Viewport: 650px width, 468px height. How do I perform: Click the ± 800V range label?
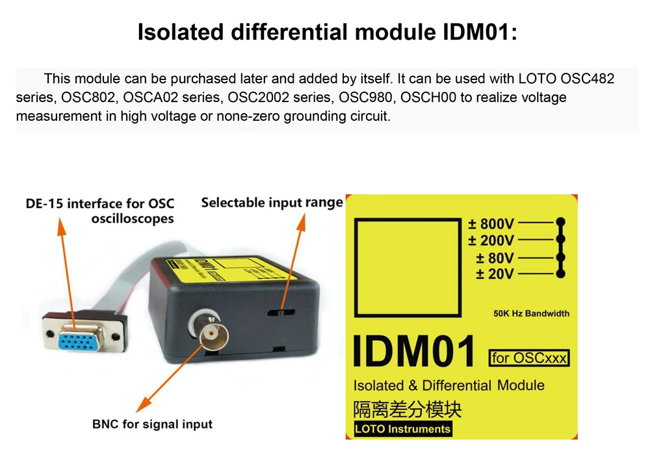[491, 224]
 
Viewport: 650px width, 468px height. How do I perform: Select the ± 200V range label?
[491, 241]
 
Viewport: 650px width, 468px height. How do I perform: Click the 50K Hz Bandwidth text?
[531, 313]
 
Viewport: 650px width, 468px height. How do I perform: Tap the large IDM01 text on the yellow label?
[414, 352]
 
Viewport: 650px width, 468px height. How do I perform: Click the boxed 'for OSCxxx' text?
[530, 357]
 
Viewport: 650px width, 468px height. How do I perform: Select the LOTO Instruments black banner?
[402, 429]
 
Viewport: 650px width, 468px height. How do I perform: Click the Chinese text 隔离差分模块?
[408, 409]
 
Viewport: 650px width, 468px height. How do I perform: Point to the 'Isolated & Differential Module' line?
[448, 385]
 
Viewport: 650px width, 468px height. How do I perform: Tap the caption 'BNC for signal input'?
[152, 424]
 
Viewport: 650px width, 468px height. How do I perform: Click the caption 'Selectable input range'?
[272, 202]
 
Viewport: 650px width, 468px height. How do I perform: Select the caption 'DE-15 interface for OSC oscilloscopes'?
[100, 211]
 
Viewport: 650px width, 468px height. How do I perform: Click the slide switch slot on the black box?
[278, 312]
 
